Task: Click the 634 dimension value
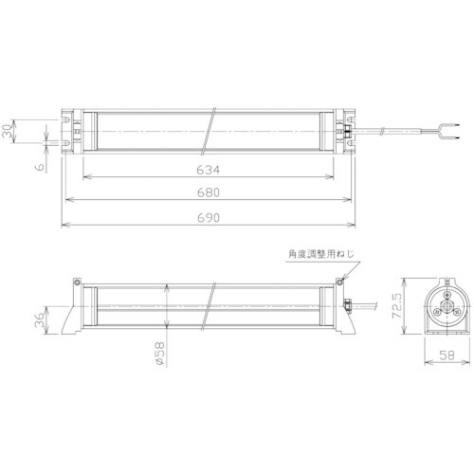pos(209,171)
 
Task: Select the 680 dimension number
pos(209,193)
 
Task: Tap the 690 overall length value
pos(209,218)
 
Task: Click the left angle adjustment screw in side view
pos(75,283)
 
